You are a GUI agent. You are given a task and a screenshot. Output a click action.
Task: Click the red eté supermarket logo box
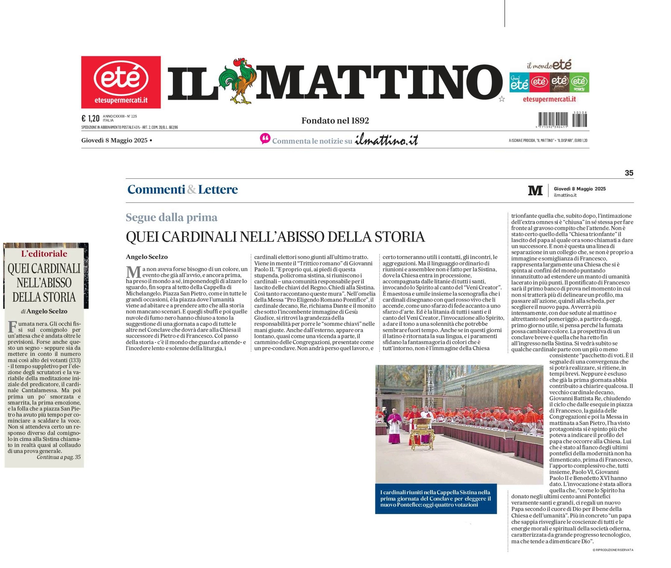121,82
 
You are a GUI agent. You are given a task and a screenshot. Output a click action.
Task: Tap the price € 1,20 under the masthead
90,118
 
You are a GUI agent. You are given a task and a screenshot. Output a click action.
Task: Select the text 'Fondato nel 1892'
335,121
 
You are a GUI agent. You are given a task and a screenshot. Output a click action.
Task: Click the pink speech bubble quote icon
265,139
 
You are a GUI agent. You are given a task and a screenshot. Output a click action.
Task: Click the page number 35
629,173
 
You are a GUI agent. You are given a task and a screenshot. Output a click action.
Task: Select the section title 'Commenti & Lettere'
183,189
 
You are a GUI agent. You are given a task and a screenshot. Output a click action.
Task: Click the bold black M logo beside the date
535,190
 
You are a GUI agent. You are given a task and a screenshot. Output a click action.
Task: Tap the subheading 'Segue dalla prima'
172,218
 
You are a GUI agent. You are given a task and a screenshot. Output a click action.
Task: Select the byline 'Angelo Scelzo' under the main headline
147,257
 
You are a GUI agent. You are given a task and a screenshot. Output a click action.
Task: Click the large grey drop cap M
133,272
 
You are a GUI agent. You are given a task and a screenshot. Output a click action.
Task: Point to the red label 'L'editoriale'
44,254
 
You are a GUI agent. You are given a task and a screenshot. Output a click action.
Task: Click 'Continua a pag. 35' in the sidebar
59,457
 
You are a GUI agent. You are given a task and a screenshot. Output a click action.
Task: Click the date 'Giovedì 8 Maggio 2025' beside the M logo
580,189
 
